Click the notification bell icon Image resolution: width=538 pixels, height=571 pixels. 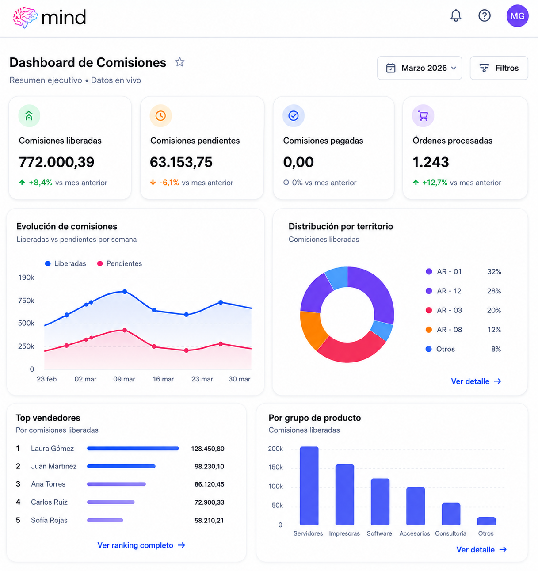tap(455, 15)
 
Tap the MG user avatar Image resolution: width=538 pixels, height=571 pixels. tap(517, 16)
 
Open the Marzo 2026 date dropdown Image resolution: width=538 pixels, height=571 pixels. tap(420, 68)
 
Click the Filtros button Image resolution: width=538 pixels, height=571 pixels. tap(499, 68)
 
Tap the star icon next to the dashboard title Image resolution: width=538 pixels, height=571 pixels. tap(179, 62)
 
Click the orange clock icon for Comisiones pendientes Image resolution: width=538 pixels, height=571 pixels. tap(160, 116)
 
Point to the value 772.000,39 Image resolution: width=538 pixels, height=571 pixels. tap(57, 162)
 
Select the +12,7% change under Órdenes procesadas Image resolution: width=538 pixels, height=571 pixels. tap(435, 183)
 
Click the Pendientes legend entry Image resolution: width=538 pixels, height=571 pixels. tap(120, 263)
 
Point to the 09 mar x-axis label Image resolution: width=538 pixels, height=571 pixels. tap(124, 379)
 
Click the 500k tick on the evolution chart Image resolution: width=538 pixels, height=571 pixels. tap(26, 323)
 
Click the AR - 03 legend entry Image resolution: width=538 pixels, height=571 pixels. tap(444, 310)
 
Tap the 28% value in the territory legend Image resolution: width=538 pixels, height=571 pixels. tap(494, 291)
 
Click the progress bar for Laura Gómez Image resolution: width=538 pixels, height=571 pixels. tap(133, 449)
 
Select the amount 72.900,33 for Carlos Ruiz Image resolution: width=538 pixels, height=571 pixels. tap(209, 502)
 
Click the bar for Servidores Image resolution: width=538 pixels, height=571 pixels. tap(309, 486)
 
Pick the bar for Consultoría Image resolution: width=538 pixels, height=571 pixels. tap(451, 514)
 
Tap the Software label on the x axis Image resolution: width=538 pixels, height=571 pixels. tap(379, 533)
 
